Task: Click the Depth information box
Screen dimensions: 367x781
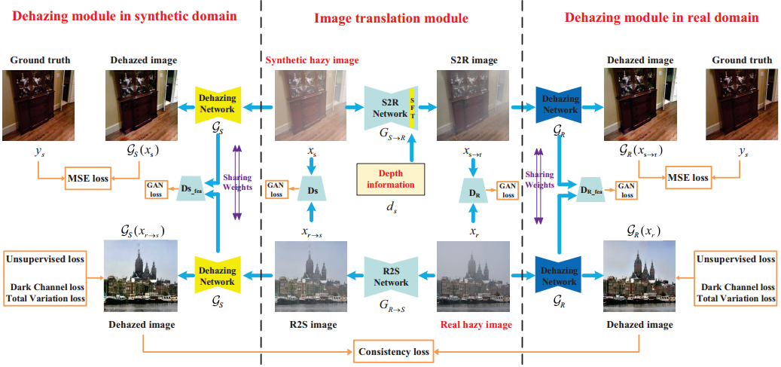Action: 390,179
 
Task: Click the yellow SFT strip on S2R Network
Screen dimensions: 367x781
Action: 412,109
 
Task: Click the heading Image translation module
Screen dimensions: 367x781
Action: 391,18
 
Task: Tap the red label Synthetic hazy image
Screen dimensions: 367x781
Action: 313,60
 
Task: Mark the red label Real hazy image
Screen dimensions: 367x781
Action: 475,326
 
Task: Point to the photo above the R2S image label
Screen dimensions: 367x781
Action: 310,276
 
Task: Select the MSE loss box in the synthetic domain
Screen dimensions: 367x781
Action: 87,179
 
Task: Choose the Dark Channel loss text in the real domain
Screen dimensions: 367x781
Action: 737,287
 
